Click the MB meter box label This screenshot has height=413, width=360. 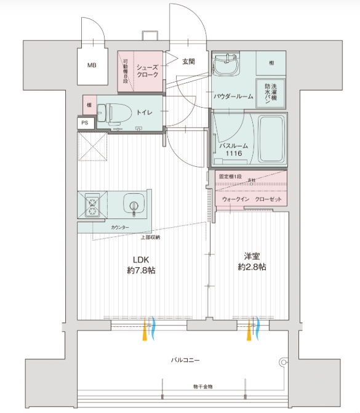point(91,65)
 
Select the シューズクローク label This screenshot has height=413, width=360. point(147,71)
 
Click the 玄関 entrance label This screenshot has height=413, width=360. point(188,61)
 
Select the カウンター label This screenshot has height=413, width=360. point(121,228)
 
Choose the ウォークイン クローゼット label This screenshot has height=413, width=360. point(251,199)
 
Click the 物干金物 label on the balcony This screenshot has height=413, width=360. point(202,387)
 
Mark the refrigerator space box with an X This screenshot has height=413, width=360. point(92,146)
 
